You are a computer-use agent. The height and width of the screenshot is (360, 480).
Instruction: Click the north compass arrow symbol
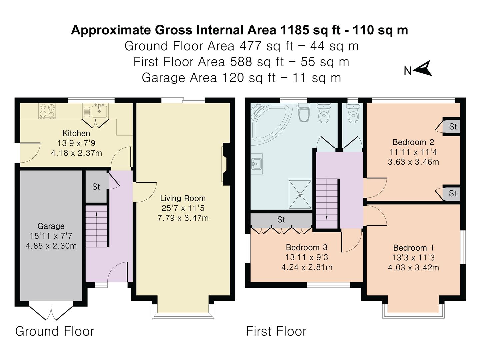[x=423, y=69]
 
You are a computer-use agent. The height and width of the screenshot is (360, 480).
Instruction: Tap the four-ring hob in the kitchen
[x=47, y=111]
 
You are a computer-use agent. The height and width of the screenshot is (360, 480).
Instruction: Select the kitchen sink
[x=99, y=110]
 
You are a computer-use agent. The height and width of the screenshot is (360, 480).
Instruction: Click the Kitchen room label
[x=76, y=133]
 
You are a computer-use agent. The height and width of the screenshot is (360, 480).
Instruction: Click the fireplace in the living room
[x=225, y=164]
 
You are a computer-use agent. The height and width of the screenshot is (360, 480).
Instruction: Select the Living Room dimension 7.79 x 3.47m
[x=183, y=218]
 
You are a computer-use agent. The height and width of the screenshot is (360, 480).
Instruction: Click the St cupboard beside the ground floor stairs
[x=96, y=187]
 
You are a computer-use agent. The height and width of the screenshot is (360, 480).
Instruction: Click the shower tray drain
[x=300, y=194]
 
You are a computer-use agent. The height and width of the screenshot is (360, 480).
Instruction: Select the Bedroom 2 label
[x=413, y=142]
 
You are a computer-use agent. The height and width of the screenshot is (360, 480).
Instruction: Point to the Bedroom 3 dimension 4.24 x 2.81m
[x=307, y=267]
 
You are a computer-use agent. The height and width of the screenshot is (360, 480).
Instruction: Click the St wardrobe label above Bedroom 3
[x=281, y=219]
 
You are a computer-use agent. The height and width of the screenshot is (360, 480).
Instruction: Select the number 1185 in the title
[x=295, y=30]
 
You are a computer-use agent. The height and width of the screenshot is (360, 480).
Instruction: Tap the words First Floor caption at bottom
[x=276, y=331]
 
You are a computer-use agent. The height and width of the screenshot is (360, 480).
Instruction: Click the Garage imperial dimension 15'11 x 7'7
[x=51, y=236]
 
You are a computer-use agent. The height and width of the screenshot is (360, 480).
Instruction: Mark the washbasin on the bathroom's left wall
[x=257, y=164]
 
